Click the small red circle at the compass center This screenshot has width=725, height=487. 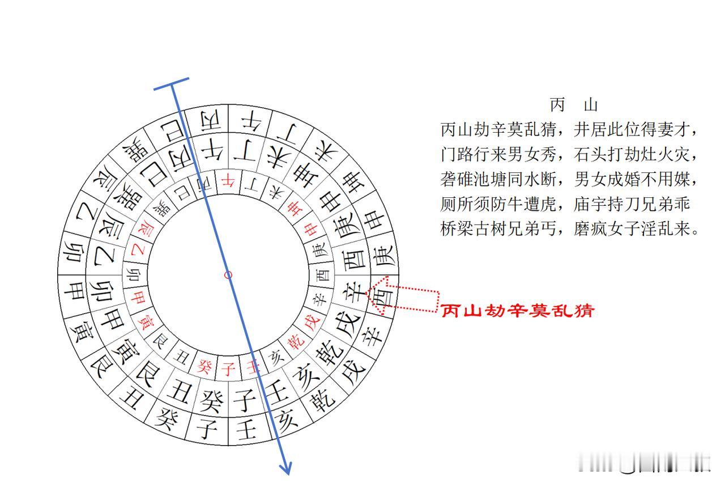(x=228, y=275)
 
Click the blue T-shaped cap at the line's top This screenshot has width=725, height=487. (x=171, y=84)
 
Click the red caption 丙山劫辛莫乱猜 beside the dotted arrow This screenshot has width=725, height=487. (x=517, y=311)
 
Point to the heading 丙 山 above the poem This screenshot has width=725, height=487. (x=574, y=105)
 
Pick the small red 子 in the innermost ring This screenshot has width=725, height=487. (x=228, y=370)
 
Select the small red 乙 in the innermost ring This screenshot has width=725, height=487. (x=138, y=249)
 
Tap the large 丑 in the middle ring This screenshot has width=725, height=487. (x=179, y=389)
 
